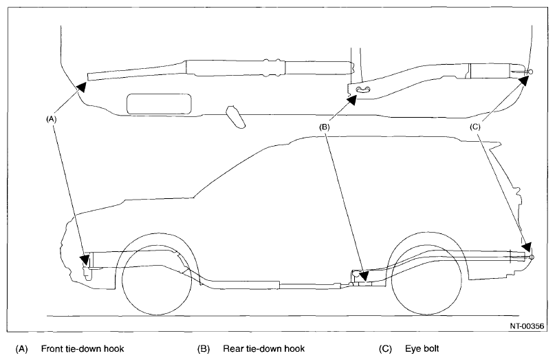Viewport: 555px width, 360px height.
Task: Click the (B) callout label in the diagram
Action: [324, 127]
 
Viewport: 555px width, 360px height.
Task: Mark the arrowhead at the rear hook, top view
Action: [352, 99]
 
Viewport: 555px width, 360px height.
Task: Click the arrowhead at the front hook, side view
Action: [85, 260]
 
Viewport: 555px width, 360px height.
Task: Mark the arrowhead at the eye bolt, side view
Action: [527, 247]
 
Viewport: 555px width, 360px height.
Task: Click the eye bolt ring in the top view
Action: [529, 71]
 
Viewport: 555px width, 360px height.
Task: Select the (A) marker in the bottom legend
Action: [21, 348]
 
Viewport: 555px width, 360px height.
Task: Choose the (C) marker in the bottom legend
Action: [385, 348]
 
